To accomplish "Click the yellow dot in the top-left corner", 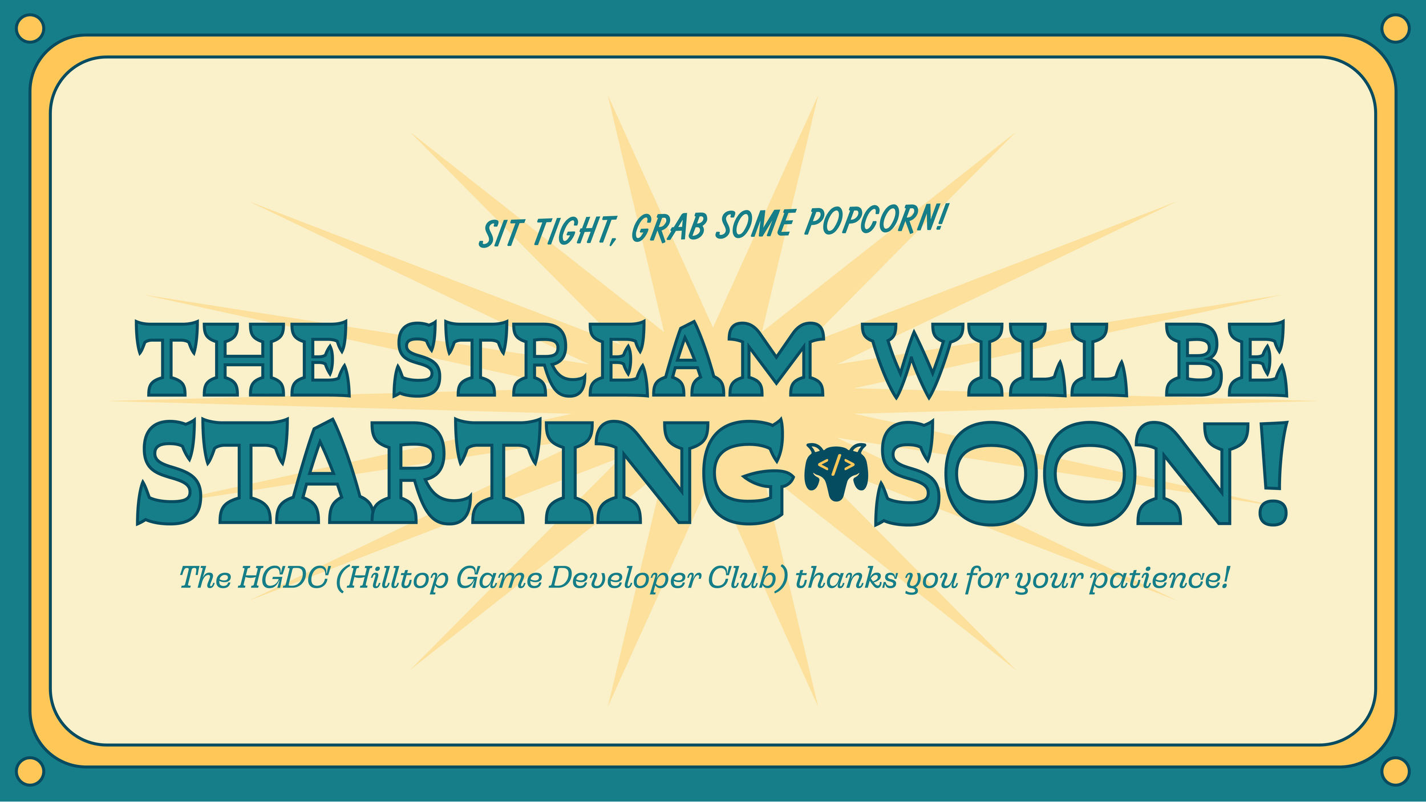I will coord(30,29).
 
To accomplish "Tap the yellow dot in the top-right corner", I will coord(1396,29).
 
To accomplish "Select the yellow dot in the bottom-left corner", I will coord(30,771).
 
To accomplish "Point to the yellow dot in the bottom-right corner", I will coord(1396,771).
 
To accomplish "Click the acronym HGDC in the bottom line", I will coord(283,578).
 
